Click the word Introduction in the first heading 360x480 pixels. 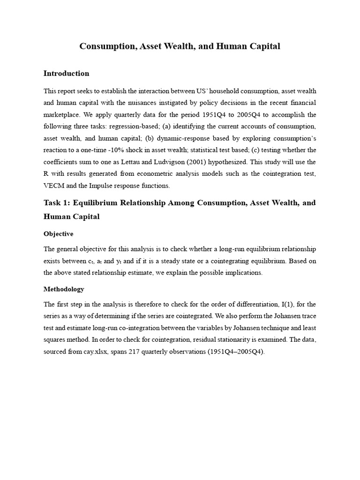[66, 74]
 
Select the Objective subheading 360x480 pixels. [58, 233]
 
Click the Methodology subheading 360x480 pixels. [64, 289]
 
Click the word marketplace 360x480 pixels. [62, 115]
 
